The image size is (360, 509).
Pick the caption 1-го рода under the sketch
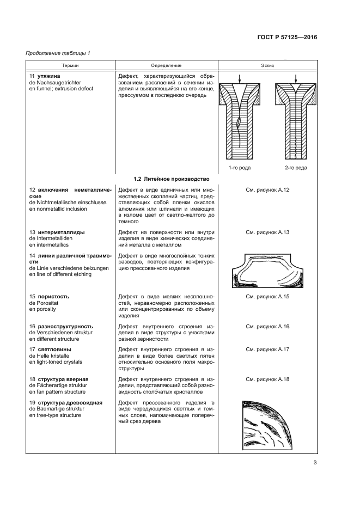239,168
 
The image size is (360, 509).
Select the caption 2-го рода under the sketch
295,168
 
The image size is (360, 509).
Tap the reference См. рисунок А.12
267,189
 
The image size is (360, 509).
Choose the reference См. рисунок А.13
267,232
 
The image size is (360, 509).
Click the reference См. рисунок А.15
267,297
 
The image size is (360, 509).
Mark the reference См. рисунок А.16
267,326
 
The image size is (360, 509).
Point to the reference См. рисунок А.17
267,349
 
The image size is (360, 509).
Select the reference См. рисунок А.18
267,378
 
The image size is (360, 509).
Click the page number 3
315,463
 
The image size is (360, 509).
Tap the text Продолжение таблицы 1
58,53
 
